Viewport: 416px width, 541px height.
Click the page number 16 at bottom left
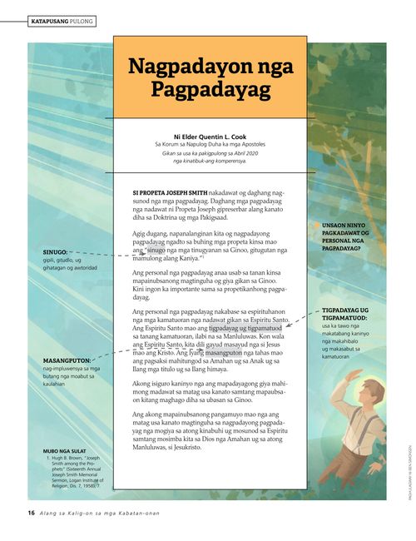point(30,513)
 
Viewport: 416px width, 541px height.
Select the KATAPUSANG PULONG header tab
point(62,19)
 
